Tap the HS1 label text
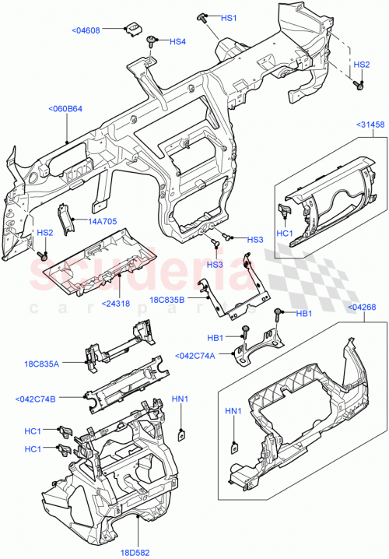[x=229, y=18]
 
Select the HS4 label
[x=178, y=41]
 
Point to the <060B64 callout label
[x=66, y=108]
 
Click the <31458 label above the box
[x=370, y=124]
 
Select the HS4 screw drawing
[x=156, y=39]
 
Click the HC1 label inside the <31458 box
[x=285, y=233]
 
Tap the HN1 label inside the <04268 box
[x=233, y=410]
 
